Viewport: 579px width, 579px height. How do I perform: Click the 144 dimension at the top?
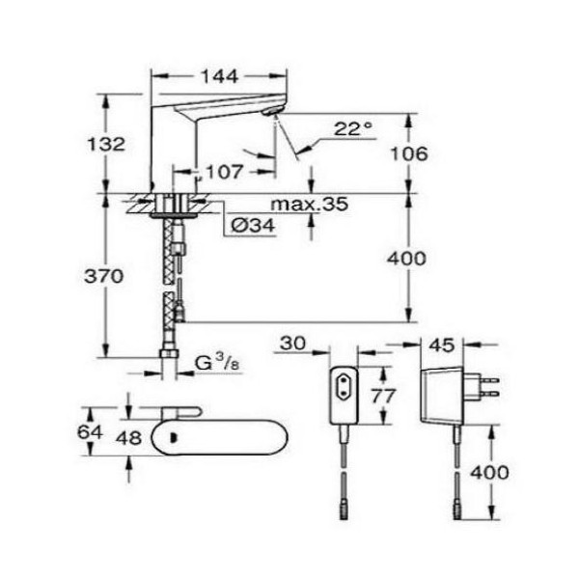pyautogui.click(x=220, y=76)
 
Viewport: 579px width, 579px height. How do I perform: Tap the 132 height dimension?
pyautogui.click(x=106, y=144)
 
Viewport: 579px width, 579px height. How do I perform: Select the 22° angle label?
pyautogui.click(x=353, y=129)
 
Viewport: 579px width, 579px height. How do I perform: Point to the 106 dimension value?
pyautogui.click(x=409, y=153)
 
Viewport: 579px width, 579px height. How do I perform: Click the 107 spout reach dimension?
pyautogui.click(x=225, y=172)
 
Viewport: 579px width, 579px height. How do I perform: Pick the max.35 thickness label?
pyautogui.click(x=310, y=204)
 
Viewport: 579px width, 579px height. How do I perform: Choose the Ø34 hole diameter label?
pyautogui.click(x=253, y=225)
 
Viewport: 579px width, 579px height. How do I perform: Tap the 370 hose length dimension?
pyautogui.click(x=104, y=276)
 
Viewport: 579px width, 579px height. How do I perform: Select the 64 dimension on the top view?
pyautogui.click(x=90, y=431)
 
